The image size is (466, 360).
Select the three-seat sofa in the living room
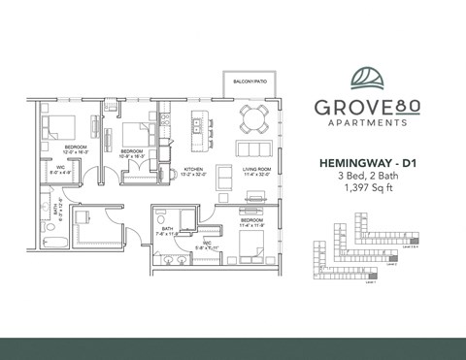[257, 148]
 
